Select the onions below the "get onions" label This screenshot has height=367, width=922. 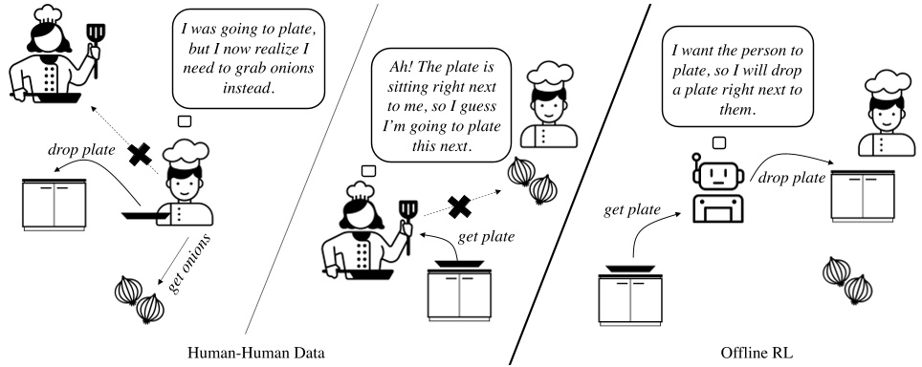point(137,297)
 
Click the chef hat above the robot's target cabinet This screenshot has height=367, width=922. point(879,91)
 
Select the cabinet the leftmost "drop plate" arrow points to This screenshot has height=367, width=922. point(55,204)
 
